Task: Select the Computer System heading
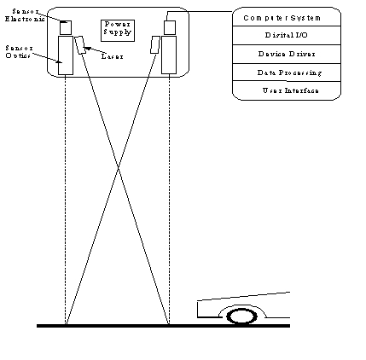pyautogui.click(x=286, y=18)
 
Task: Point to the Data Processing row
pyautogui.click(x=286, y=73)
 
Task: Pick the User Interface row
pyautogui.click(x=286, y=90)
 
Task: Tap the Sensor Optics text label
pyautogui.click(x=18, y=51)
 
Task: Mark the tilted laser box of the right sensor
pyautogui.click(x=154, y=44)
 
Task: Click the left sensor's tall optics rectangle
pyautogui.click(x=65, y=55)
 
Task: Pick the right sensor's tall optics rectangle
pyautogui.click(x=169, y=54)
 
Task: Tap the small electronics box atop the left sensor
pyautogui.click(x=65, y=27)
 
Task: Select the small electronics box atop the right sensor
pyautogui.click(x=169, y=27)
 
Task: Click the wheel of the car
pyautogui.click(x=242, y=316)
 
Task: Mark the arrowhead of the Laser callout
pyautogui.click(x=88, y=48)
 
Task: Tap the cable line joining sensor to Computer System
pyautogui.click(x=205, y=11)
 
